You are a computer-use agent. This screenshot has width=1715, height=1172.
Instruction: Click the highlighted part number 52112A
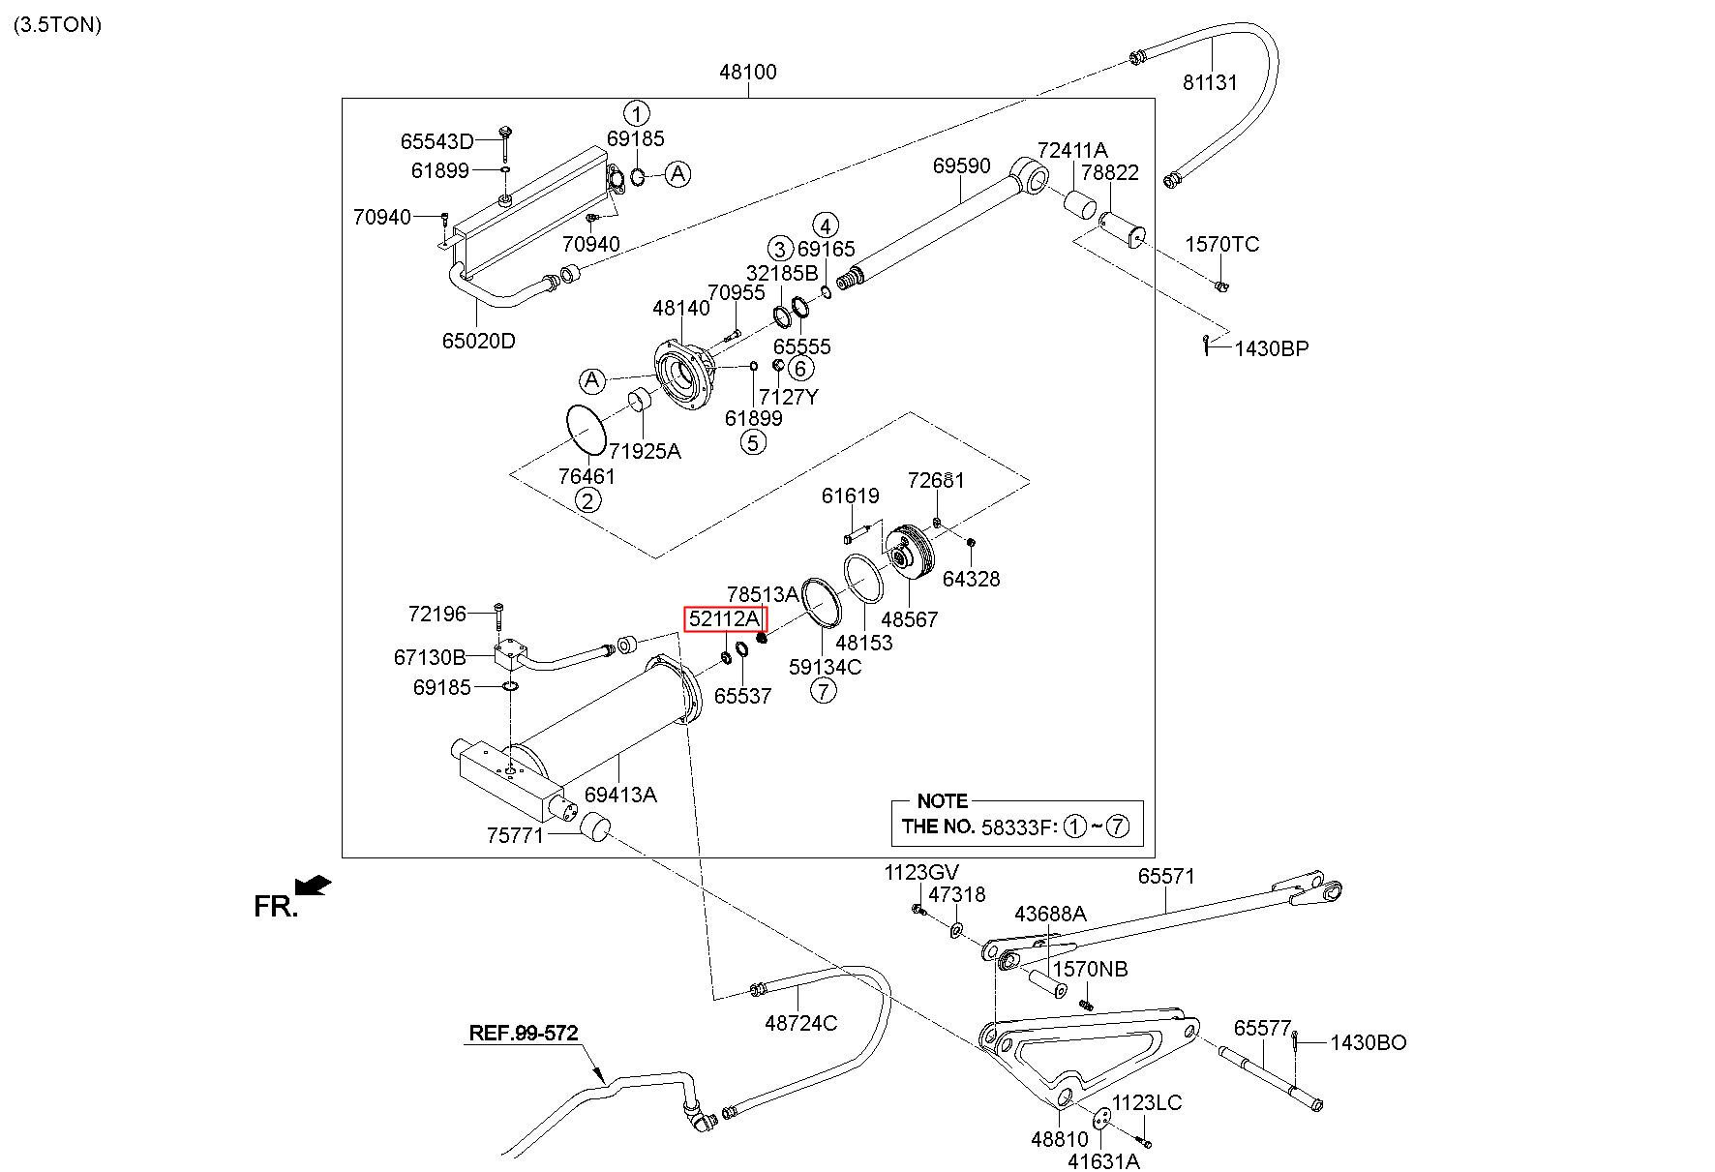click(725, 618)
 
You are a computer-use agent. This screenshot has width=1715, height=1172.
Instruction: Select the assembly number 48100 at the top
click(748, 72)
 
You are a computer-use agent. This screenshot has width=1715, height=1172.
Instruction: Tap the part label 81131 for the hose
click(1210, 82)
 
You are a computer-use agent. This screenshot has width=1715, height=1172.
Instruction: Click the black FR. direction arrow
click(314, 886)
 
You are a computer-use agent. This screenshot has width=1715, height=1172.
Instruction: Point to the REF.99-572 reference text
click(523, 1033)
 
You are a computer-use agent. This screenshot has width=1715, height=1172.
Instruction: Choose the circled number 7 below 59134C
click(823, 691)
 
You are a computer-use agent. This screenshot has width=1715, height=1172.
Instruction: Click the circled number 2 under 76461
click(587, 500)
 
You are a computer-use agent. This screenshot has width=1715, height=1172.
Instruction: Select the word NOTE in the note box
click(942, 801)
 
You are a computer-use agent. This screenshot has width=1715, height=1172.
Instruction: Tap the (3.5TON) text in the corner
click(57, 25)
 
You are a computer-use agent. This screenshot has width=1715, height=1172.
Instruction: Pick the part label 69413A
click(620, 795)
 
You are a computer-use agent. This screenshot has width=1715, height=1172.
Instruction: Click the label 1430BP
click(1271, 348)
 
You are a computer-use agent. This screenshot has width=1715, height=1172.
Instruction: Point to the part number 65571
click(1166, 876)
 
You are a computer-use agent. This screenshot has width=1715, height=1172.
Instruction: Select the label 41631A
click(1104, 1161)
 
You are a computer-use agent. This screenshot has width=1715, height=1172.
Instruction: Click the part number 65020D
click(479, 341)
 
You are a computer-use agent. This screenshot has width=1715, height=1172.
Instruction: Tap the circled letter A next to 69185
click(678, 174)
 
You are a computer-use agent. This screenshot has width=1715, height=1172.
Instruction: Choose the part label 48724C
click(800, 1023)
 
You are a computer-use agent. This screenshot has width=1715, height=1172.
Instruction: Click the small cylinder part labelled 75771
click(595, 828)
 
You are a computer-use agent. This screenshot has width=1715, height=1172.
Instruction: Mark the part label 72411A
click(1072, 150)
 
